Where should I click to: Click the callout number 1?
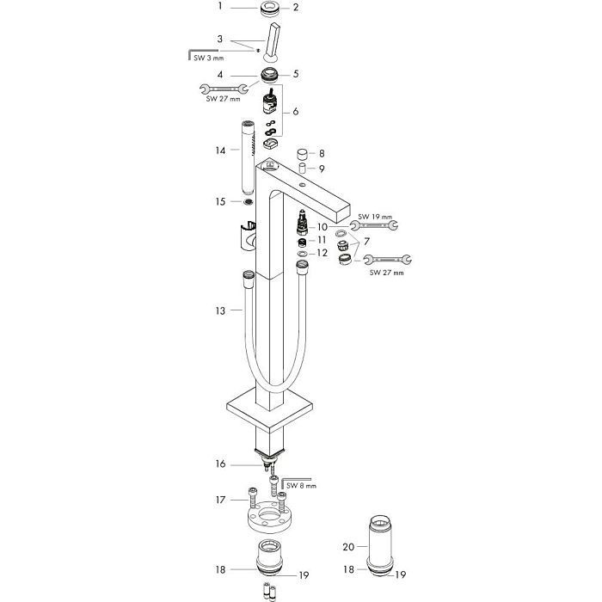(x=220, y=7)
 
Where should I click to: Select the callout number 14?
(x=221, y=150)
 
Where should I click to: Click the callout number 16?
(x=221, y=464)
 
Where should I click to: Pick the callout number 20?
(x=347, y=547)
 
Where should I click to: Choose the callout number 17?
(x=221, y=500)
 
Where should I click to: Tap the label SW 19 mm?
(x=374, y=216)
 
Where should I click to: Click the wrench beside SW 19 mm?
(x=374, y=227)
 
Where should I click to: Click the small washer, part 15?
(x=249, y=202)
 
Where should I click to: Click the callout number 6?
(x=296, y=113)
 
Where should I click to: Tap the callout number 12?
(x=322, y=253)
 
